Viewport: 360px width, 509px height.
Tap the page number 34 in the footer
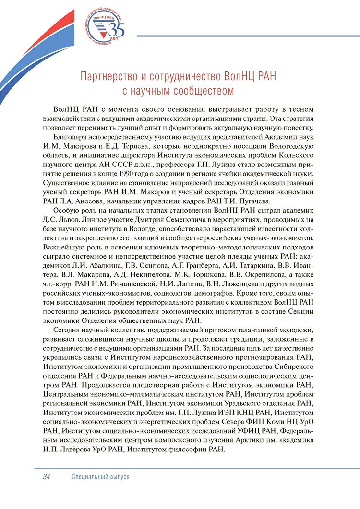pos(47,477)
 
